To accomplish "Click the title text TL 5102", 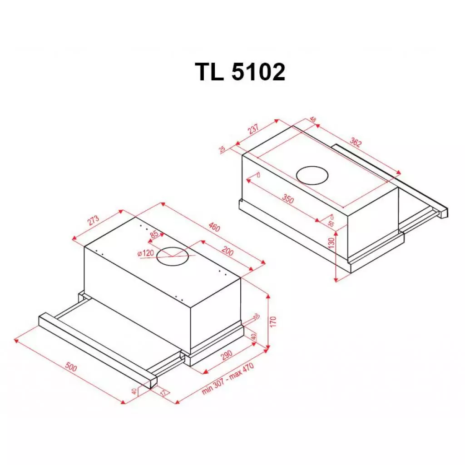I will click(240, 72).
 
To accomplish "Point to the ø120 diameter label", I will click(146, 253).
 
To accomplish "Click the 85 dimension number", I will click(154, 235).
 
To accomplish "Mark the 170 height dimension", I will click(273, 322).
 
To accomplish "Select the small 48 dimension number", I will click(312, 120).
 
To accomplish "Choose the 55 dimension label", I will click(330, 224).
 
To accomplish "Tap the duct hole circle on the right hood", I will click(312, 175).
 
